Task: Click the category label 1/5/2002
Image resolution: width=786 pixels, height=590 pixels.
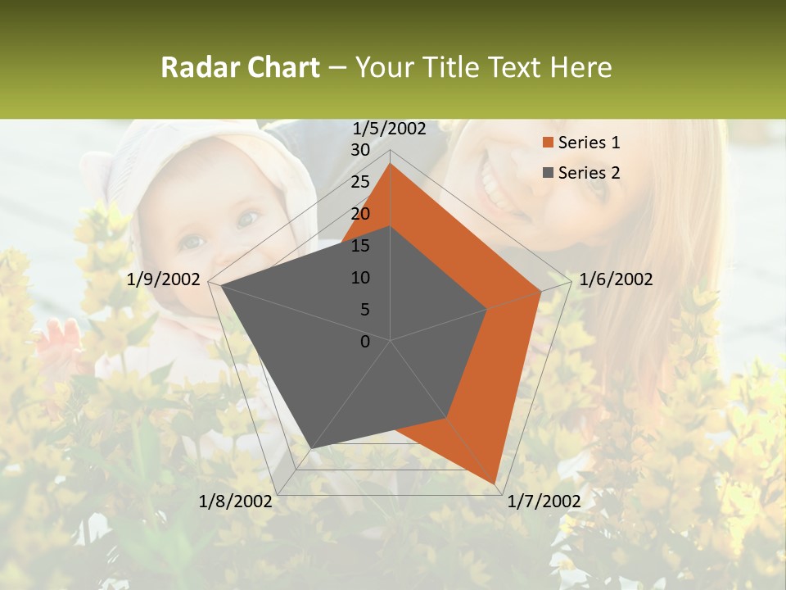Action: pos(390,128)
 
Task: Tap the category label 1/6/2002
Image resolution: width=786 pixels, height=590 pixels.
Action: pos(616,279)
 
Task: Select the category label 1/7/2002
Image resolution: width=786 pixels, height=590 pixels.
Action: pos(544,501)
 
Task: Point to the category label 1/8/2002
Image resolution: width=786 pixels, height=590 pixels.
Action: pos(236,501)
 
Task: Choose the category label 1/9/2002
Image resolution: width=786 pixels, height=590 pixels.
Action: pos(164,279)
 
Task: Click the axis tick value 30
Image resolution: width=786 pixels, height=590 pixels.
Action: pos(360,150)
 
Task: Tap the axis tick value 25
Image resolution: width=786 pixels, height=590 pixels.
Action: pos(360,182)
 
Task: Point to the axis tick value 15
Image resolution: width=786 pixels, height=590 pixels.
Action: pos(360,246)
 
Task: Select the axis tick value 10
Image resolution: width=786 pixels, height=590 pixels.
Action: pos(360,278)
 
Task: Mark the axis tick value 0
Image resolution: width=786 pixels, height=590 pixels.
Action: pos(365,342)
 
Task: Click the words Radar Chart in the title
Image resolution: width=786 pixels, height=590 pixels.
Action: pos(240,67)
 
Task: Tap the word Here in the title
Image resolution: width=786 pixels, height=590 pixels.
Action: pos(581,67)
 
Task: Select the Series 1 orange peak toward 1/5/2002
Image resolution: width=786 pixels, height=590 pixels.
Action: pos(391,164)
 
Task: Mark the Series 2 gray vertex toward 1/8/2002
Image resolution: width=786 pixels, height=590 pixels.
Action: pos(312,447)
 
